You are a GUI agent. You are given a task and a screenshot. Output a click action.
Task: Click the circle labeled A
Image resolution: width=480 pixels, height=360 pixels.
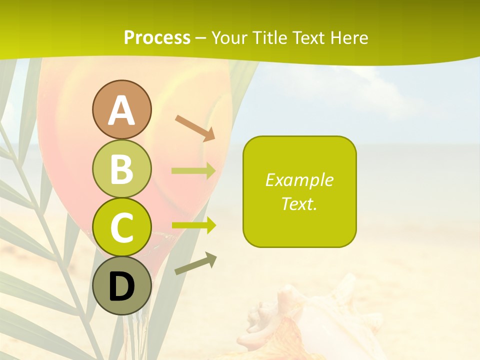click(121, 109)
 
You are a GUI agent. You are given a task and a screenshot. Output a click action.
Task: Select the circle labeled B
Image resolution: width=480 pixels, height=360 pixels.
click(121, 168)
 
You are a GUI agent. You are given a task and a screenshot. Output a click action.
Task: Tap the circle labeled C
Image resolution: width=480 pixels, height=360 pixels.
click(121, 227)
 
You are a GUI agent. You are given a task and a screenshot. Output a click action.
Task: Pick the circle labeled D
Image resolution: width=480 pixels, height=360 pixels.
click(121, 286)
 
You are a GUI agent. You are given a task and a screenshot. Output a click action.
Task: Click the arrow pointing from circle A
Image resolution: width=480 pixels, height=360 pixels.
click(195, 128)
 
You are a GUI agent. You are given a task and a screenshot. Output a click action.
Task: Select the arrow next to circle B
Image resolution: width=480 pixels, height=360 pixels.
click(193, 171)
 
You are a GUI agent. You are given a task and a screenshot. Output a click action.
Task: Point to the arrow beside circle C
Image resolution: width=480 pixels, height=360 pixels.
click(193, 225)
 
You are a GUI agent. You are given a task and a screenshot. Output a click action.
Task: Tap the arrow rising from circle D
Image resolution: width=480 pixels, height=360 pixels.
click(195, 263)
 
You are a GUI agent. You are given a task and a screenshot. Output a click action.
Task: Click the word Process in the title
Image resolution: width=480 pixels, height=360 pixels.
click(157, 37)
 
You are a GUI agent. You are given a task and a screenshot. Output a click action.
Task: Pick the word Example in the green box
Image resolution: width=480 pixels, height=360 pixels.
click(299, 180)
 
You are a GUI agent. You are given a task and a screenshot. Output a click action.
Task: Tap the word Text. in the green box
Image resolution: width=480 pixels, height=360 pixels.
click(299, 204)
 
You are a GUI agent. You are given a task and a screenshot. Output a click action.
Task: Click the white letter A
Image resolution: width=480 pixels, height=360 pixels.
click(121, 110)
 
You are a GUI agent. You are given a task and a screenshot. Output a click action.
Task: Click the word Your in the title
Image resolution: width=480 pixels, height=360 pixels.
click(229, 37)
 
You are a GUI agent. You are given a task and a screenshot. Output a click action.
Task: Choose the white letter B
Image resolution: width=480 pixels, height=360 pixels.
click(121, 169)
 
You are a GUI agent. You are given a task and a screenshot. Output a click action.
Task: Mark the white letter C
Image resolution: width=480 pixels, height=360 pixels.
click(121, 228)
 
